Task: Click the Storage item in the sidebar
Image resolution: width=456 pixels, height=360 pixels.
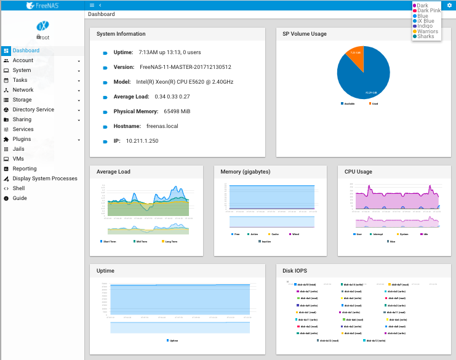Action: point(22,100)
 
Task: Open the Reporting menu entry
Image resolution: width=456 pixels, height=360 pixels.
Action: point(25,169)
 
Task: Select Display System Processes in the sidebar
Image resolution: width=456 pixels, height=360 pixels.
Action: point(45,178)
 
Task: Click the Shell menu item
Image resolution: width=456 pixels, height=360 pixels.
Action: point(18,188)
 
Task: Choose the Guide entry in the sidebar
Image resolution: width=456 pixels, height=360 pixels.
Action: point(20,198)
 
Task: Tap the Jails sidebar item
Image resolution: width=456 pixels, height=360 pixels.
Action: point(18,149)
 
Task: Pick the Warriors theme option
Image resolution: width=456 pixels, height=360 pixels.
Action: point(428,31)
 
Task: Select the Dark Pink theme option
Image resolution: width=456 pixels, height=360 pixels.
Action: point(429,10)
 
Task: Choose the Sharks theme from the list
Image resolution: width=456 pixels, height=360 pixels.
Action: point(426,36)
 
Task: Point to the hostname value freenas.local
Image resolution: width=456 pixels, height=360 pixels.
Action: point(162,126)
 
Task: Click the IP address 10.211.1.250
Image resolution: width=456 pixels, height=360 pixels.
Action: point(142,141)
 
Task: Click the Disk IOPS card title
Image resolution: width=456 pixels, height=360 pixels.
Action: point(296,271)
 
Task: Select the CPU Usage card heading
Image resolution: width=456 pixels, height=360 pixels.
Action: point(358,172)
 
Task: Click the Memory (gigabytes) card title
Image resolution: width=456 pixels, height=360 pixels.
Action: point(246,172)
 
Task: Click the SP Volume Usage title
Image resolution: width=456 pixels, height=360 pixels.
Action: point(305,34)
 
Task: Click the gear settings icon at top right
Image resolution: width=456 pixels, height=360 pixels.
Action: point(449,5)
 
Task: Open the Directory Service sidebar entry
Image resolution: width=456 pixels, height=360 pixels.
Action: point(33,110)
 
